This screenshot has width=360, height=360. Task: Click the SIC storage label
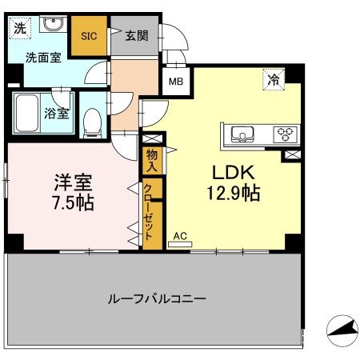click(x=89, y=36)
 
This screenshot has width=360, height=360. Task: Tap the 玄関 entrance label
click(x=137, y=35)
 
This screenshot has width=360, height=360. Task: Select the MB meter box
click(x=176, y=82)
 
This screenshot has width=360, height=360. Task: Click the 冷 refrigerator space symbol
click(x=274, y=79)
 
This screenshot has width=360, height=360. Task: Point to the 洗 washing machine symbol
click(x=20, y=28)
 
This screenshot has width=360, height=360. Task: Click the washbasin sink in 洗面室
click(x=54, y=24)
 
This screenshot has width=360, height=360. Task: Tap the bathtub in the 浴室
click(x=26, y=113)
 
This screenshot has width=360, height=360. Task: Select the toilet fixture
click(x=92, y=123)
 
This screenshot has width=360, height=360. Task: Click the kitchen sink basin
click(x=242, y=134)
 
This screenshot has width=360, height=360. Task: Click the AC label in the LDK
click(x=180, y=236)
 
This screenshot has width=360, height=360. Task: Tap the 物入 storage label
click(x=152, y=161)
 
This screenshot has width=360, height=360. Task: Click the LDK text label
click(x=234, y=173)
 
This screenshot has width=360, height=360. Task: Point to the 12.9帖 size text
click(x=234, y=193)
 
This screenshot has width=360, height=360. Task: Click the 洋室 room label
click(x=74, y=182)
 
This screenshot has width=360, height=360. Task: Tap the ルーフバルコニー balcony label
click(x=157, y=299)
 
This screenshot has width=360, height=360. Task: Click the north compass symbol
click(x=342, y=330)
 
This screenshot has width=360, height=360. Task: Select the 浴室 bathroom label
click(x=57, y=114)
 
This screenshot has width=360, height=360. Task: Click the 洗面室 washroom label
click(x=43, y=58)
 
